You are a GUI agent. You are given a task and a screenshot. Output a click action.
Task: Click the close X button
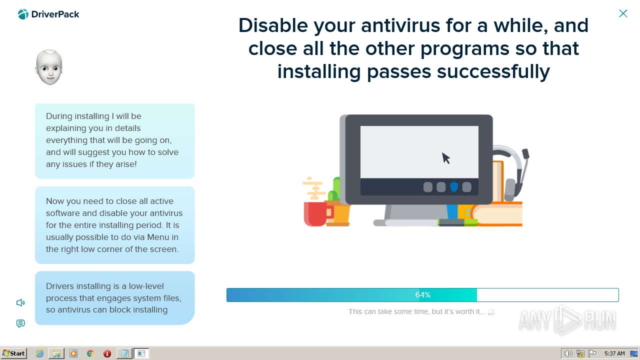coord(623,13)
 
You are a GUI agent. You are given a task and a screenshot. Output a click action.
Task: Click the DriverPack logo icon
coord(23,14)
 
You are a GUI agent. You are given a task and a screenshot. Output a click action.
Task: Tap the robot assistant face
coord(49,67)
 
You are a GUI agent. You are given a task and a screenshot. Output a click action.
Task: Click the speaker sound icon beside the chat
coord(20,302)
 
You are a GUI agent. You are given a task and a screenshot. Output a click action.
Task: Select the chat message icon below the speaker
coord(20,323)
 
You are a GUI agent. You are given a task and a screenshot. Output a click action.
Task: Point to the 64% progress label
coord(423,295)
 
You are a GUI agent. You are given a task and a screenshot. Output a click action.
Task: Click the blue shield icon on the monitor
coord(454,187)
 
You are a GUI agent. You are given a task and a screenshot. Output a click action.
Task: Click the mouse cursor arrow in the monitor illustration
coord(445,158)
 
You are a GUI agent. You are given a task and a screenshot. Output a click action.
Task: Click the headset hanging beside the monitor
coord(513,173)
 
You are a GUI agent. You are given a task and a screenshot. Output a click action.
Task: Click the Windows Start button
coord(13,353)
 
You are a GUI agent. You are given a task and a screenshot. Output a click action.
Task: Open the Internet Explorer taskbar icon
coord(39,353)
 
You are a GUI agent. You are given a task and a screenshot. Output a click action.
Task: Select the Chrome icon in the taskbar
coord(90,353)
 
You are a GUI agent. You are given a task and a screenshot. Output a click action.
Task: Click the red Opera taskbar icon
coord(107,353)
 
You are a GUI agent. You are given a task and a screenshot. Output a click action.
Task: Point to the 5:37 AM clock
coord(614,353)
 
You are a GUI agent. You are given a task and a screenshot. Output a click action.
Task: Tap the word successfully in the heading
coord(493,71)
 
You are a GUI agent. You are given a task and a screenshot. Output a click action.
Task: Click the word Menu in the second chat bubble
coord(158,237)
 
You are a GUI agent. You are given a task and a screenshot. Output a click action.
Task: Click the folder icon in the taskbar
coord(56,353)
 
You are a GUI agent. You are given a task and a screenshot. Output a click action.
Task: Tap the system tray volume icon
coord(568,353)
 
